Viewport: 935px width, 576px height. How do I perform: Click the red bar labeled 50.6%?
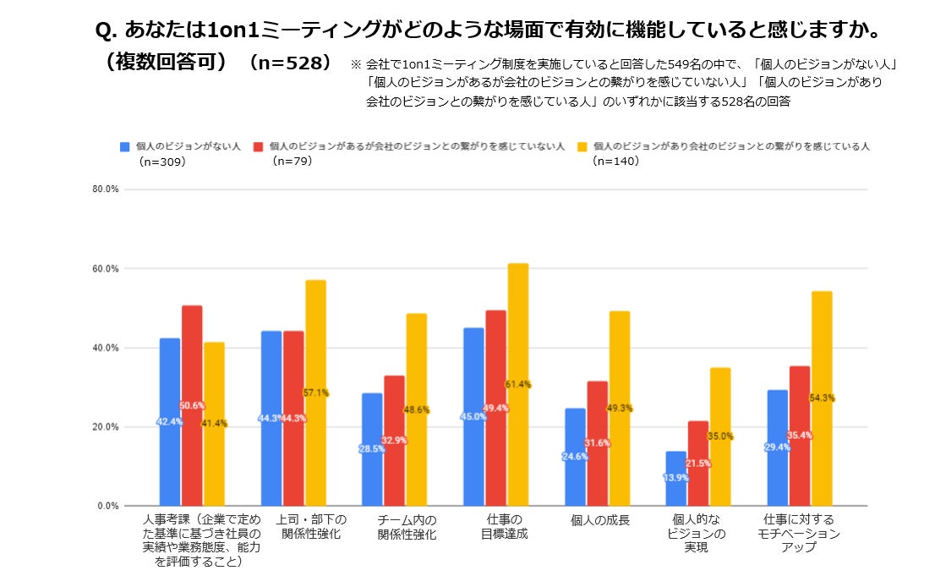pyautogui.click(x=192, y=406)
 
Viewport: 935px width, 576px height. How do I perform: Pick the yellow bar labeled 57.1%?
pyautogui.click(x=315, y=393)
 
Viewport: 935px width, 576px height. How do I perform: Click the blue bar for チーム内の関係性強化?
pyautogui.click(x=372, y=449)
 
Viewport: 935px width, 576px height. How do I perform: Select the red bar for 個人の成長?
pyautogui.click(x=598, y=443)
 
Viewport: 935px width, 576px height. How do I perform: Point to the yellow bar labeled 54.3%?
pyautogui.click(x=822, y=398)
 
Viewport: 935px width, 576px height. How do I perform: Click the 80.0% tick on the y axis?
pyautogui.click(x=107, y=189)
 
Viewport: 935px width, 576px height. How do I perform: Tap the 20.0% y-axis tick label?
pyautogui.click(x=107, y=427)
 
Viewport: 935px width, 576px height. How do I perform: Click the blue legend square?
pyautogui.click(x=125, y=146)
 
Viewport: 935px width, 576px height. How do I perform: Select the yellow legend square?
pyautogui.click(x=582, y=146)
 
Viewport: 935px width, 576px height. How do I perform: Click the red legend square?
pyautogui.click(x=259, y=146)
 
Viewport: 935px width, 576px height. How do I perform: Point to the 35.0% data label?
pyautogui.click(x=720, y=436)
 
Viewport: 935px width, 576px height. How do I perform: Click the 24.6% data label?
pyautogui.click(x=575, y=457)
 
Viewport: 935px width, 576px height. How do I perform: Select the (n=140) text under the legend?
pyautogui.click(x=616, y=161)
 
